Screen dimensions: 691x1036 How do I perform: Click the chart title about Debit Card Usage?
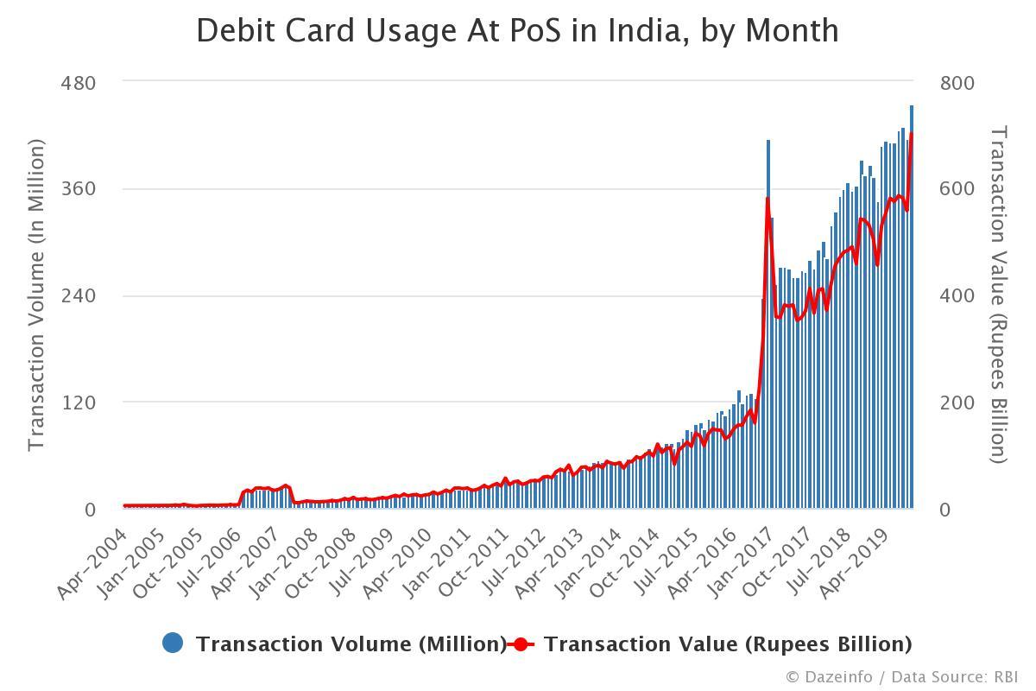click(517, 30)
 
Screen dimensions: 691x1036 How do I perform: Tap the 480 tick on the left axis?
click(78, 83)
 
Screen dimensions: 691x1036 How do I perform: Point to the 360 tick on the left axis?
click(78, 189)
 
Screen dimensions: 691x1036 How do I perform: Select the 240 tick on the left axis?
click(78, 296)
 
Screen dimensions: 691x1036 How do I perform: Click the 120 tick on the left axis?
click(78, 403)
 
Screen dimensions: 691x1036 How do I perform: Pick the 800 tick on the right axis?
click(957, 83)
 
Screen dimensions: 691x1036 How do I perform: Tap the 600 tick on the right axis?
click(957, 189)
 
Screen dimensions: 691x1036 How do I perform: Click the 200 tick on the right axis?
click(957, 403)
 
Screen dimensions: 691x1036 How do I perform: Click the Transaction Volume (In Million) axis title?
click(35, 296)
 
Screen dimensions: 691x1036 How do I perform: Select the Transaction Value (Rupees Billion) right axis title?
click(998, 295)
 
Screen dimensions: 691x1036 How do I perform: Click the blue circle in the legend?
click(173, 643)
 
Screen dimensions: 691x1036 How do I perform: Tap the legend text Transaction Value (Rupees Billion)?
click(728, 644)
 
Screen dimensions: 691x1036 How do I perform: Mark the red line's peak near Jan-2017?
click(768, 199)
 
